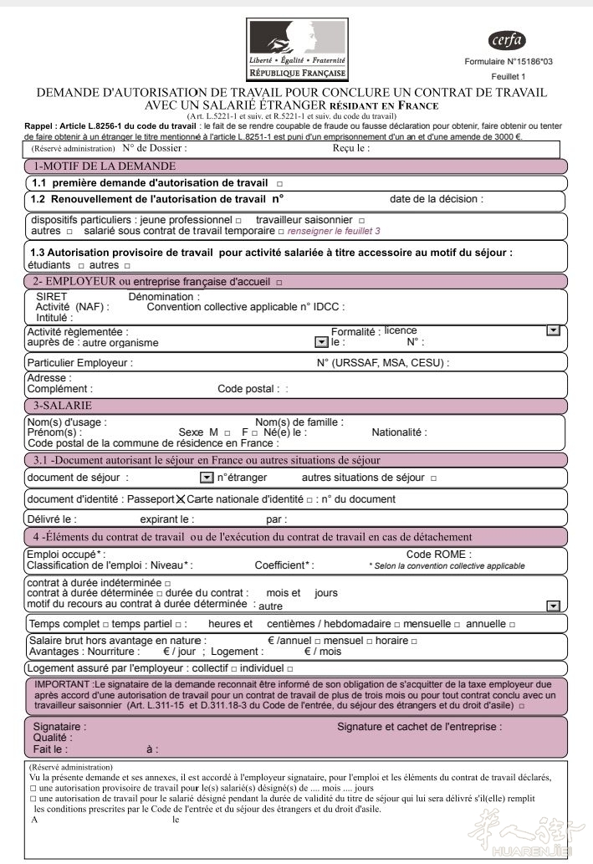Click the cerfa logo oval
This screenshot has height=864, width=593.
pos(507,39)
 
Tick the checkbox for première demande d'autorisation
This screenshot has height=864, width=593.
pos(279,183)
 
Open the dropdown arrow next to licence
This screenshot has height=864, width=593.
pos(552,331)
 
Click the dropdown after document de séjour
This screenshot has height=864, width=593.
pos(207,478)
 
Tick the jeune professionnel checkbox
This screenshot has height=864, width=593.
pos(238,220)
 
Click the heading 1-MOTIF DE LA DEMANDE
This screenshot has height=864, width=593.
pos(105,166)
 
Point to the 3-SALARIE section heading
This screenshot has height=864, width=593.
pos(63,405)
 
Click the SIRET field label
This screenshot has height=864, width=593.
pos(52,297)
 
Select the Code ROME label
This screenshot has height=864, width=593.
pos(438,555)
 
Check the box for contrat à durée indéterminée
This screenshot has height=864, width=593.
pos(168,583)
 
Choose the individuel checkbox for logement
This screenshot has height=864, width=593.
pos(290,668)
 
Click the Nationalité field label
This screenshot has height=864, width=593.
pos(399,432)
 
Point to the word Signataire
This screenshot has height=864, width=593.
pos(59,727)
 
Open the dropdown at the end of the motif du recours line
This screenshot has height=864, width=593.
pos(552,606)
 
